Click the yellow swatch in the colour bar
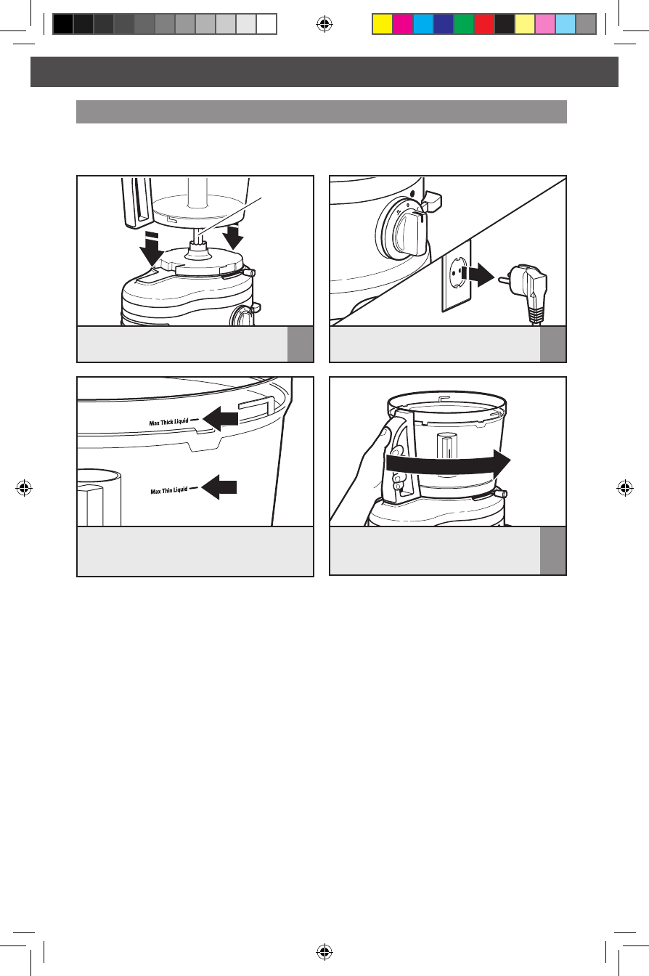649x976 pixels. point(383,24)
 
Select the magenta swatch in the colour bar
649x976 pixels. point(403,24)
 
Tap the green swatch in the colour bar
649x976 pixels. point(464,24)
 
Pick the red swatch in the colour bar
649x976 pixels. point(484,24)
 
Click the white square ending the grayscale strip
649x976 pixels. point(266,24)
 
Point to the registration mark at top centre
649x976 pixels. point(324,24)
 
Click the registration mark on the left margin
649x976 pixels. point(24,488)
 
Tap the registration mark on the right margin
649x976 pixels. point(625,488)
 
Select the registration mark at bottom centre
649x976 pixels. point(324,952)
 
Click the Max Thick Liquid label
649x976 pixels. point(169,422)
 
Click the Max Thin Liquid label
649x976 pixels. point(169,491)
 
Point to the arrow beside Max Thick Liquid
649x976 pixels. point(221,419)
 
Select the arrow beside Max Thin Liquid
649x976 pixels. point(219,487)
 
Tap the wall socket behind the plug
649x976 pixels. point(457,275)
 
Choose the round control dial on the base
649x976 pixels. point(402,230)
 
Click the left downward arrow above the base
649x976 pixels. point(152,249)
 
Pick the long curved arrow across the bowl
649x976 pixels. point(449,463)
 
